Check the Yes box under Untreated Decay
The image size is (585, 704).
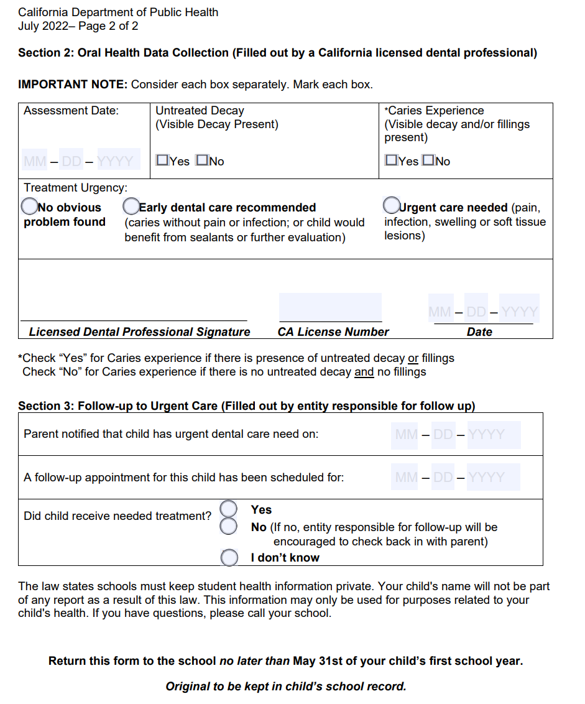163,160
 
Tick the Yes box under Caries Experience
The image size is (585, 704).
391,160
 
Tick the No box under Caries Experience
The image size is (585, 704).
428,160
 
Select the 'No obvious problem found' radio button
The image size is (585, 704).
29,206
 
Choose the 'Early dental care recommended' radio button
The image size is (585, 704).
131,206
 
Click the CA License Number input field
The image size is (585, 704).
330,307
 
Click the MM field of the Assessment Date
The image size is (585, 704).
35,162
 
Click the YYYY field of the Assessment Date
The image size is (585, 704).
116,162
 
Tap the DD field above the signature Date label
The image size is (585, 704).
476,311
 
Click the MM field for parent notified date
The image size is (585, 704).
407,434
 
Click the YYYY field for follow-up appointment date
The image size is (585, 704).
487,478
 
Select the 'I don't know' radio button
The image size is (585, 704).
229,557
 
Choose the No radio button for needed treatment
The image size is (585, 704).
229,527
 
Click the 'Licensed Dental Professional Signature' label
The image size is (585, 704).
139,332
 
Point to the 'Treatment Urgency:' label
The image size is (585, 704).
75,187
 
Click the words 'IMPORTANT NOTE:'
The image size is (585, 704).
73,84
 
